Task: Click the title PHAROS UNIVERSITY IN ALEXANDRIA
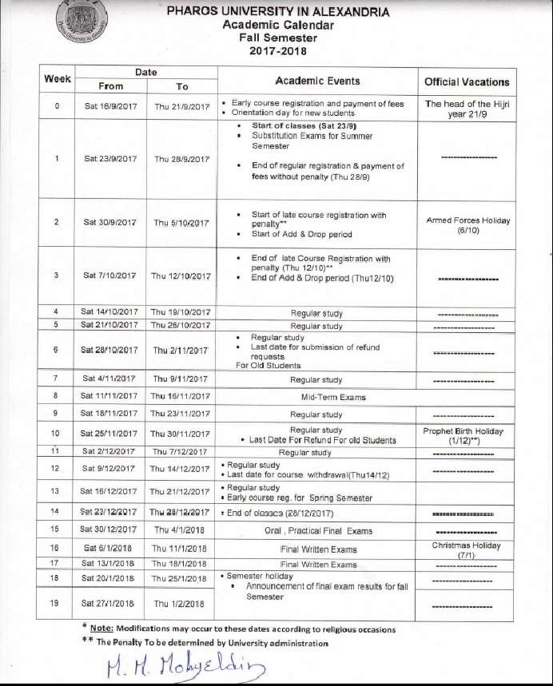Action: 278,12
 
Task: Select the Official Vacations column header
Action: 467,81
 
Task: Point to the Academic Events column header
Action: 317,81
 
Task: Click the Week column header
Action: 58,79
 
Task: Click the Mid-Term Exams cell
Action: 316,396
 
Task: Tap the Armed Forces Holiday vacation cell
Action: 467,224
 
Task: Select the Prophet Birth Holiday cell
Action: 467,435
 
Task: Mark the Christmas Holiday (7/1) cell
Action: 467,549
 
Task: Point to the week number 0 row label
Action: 56,105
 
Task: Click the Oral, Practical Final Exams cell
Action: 317,531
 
